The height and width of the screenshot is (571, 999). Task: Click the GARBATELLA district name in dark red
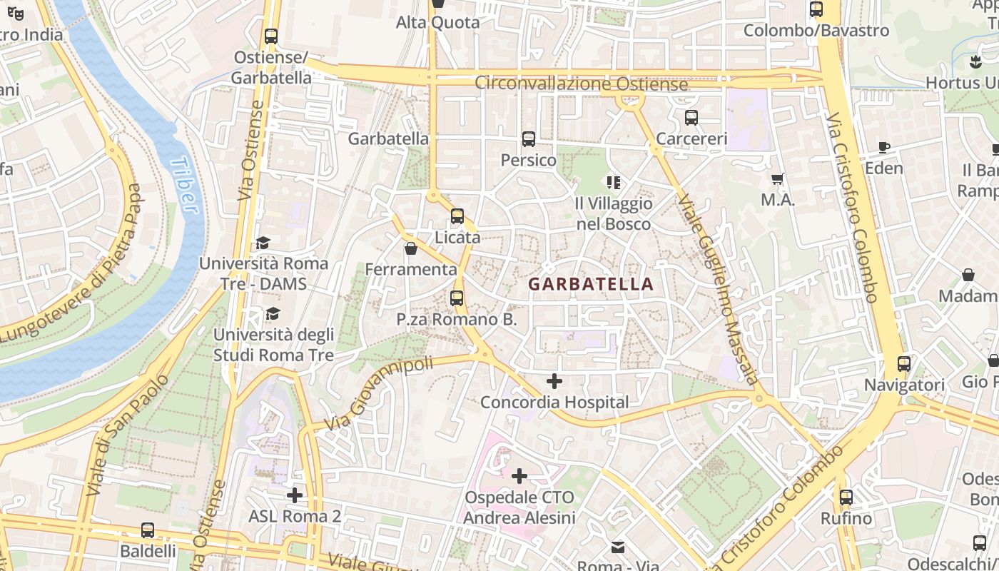[591, 284]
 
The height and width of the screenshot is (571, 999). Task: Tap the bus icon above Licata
[457, 216]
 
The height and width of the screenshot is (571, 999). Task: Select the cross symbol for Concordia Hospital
[554, 381]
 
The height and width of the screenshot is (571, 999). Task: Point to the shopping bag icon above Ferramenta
[410, 248]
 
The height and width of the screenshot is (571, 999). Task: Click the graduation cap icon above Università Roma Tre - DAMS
[263, 243]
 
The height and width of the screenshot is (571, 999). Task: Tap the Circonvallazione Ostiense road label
[582, 84]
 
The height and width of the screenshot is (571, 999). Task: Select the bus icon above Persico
[528, 139]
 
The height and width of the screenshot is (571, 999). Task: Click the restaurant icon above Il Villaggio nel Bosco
[613, 183]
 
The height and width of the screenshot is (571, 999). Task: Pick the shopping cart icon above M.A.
[778, 179]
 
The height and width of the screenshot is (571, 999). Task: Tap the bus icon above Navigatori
[904, 364]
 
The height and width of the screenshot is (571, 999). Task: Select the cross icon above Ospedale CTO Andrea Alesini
[519, 475]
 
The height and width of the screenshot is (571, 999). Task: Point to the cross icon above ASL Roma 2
[295, 494]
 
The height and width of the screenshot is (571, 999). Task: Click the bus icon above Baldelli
[148, 530]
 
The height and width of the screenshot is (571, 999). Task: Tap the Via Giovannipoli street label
[379, 394]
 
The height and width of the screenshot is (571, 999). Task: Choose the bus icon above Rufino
[846, 497]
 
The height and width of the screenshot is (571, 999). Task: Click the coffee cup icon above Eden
[883, 148]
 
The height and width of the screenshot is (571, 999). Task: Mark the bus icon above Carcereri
[691, 117]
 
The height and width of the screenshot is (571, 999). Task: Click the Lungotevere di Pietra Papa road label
[71, 262]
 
